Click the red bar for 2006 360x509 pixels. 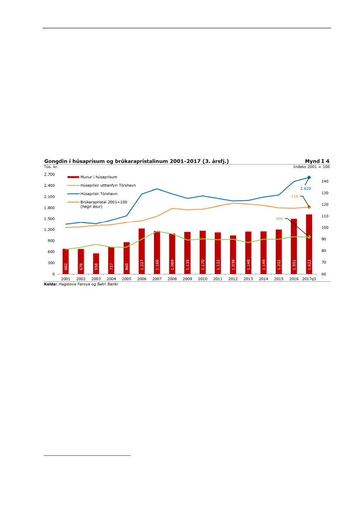[142, 251]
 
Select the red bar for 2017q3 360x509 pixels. [309, 244]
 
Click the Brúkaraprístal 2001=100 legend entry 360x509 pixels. [104, 202]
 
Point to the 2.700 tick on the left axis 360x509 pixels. [49, 175]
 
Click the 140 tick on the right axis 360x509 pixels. [325, 182]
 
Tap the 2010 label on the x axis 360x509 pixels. [202, 279]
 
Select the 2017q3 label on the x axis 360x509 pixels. [309, 279]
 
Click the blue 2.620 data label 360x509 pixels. [305, 189]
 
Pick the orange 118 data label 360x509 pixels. [294, 196]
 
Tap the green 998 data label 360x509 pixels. [279, 219]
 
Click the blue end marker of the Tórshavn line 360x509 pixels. [309, 177]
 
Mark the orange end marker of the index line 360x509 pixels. [309, 207]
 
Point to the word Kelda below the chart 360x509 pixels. [50, 284]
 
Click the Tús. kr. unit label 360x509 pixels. [51, 166]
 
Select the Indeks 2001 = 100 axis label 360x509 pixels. [312, 166]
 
